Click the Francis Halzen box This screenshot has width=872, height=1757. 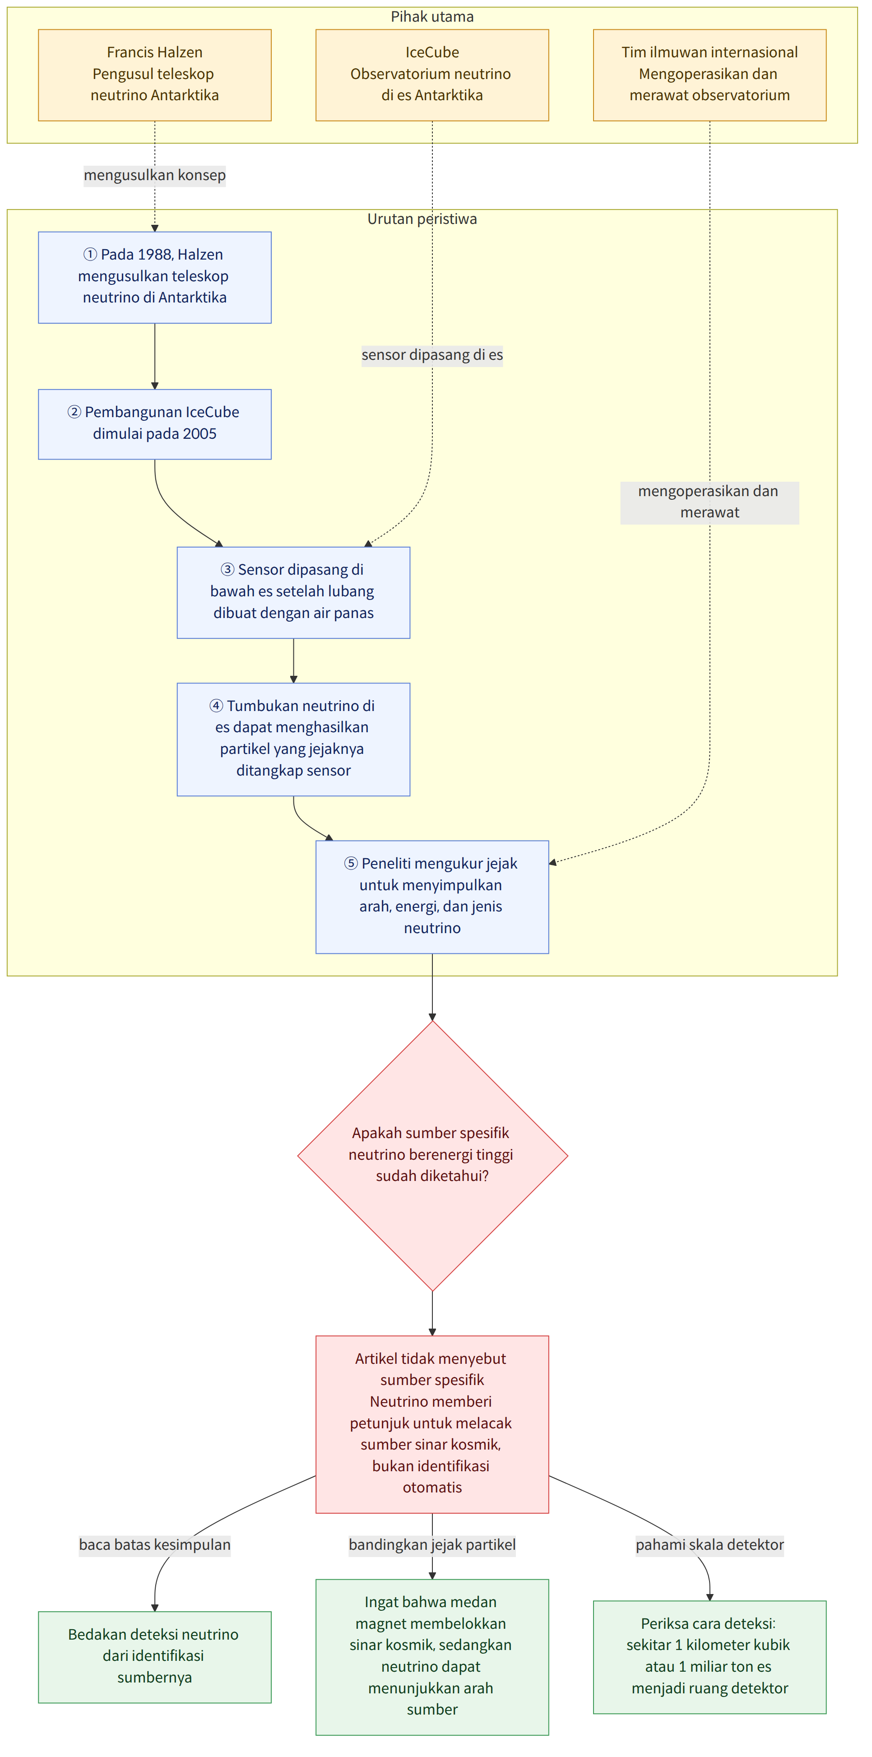tap(155, 75)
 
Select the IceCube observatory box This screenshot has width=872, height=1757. tap(432, 75)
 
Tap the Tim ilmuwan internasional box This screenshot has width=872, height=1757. tap(710, 75)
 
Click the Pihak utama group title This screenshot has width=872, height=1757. tap(432, 16)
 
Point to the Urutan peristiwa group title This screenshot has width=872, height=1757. tap(422, 219)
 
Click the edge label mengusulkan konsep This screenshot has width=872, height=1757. tap(155, 175)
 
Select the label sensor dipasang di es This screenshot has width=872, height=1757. tap(432, 355)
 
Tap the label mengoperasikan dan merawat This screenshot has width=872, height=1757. tap(710, 502)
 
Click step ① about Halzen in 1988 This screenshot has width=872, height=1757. tap(155, 277)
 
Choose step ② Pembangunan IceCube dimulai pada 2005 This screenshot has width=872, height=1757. tap(155, 423)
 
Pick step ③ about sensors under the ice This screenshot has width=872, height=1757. tap(293, 592)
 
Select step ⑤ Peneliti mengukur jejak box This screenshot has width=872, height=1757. tap(432, 896)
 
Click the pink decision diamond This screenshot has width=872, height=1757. tap(432, 1155)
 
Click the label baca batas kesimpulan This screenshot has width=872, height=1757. tap(155, 1544)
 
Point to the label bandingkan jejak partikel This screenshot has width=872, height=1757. tap(432, 1544)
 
